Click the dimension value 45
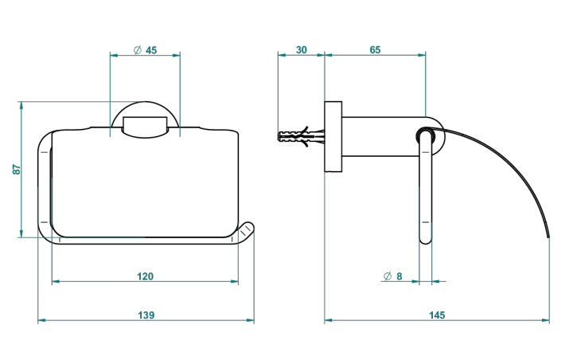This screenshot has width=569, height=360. tap(151, 50)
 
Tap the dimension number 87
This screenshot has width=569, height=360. tap(17, 170)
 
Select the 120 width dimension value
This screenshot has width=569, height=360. tap(145, 276)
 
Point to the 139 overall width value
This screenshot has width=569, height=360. tap(146, 315)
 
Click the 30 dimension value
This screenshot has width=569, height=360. tap(302, 49)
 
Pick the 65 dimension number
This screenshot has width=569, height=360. tap(375, 49)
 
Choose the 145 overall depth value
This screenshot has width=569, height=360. tap(437, 315)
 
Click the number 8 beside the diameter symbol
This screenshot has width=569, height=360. tap(399, 276)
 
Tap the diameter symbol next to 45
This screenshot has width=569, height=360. tap(137, 50)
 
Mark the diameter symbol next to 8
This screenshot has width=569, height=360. tap(388, 276)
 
